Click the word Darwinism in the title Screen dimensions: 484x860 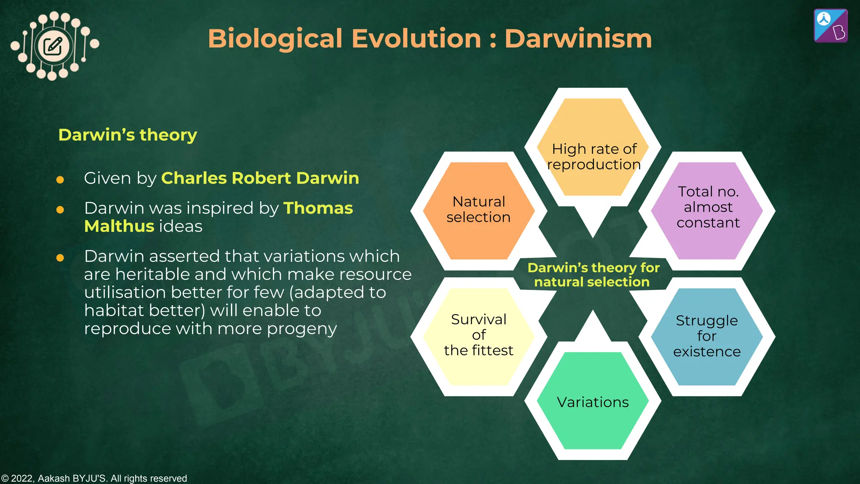[x=578, y=39]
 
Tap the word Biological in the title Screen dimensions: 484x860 [x=275, y=39]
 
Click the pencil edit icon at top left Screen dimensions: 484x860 [x=53, y=46]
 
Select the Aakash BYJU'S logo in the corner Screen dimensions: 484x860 [x=830, y=26]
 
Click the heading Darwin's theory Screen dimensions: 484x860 [x=127, y=135]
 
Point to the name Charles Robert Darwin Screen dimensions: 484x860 [x=260, y=178]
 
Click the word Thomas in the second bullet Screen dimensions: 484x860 [x=318, y=208]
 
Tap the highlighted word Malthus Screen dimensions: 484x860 [x=119, y=226]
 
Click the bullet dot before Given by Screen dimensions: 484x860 [x=60, y=180]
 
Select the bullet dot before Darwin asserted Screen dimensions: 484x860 [x=60, y=258]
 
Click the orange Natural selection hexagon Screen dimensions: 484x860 [x=478, y=210]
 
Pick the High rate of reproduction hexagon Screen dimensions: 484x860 [x=593, y=147]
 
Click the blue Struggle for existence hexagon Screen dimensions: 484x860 [x=707, y=336]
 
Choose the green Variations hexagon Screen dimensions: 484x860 [x=593, y=401]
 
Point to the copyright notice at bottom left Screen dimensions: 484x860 [x=94, y=478]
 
